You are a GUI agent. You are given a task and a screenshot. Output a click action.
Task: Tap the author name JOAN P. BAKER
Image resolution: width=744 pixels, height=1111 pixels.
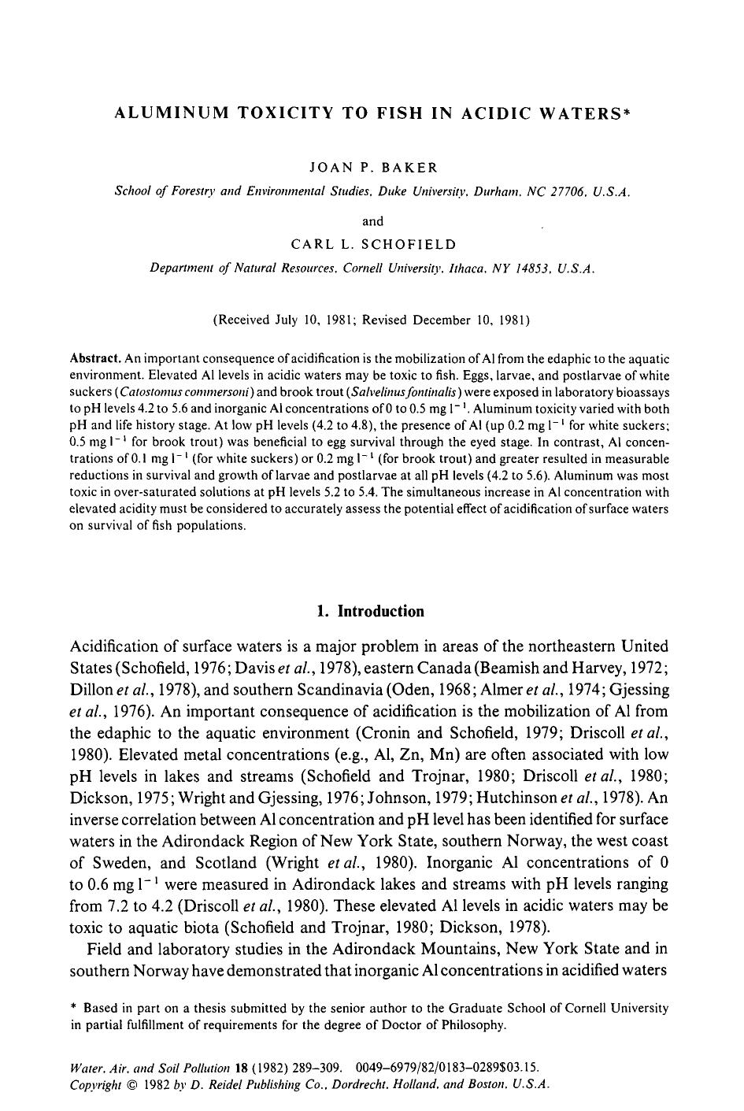click(x=372, y=167)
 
